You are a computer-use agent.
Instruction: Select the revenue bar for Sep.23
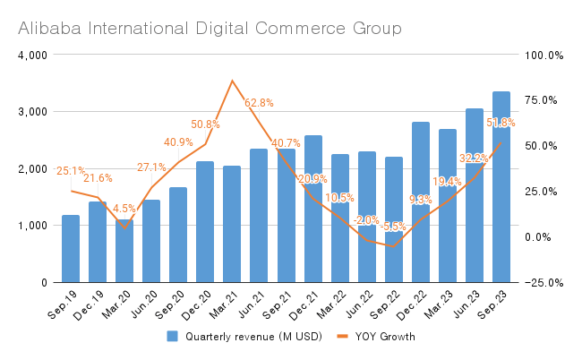click(x=501, y=187)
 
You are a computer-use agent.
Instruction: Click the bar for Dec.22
click(x=421, y=202)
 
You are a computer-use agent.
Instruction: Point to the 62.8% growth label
click(x=259, y=103)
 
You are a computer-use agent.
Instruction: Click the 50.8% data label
click(x=205, y=124)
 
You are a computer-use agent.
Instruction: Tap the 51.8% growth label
click(x=501, y=123)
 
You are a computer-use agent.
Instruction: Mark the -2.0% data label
click(x=366, y=220)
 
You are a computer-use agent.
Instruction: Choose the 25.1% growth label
click(x=71, y=171)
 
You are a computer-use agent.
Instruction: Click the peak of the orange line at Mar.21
click(x=232, y=81)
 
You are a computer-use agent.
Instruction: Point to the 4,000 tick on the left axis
click(x=32, y=56)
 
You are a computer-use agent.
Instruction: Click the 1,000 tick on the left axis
click(x=32, y=226)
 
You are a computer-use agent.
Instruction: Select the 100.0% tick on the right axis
click(x=543, y=56)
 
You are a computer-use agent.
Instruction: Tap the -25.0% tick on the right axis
click(x=543, y=283)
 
